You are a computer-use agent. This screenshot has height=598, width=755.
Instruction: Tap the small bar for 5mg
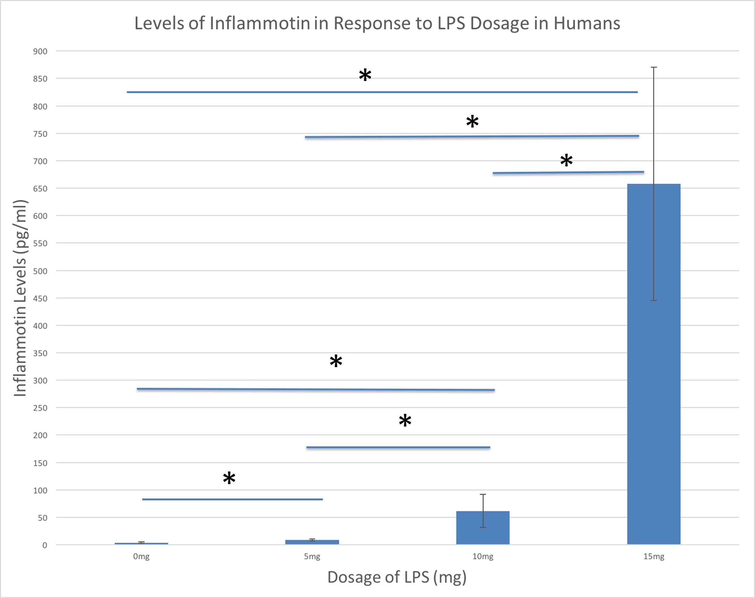click(x=312, y=542)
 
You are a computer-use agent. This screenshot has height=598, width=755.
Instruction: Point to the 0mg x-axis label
click(x=141, y=557)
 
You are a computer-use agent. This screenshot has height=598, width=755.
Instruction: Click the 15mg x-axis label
click(x=654, y=557)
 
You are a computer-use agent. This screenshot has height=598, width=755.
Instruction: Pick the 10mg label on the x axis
click(x=482, y=557)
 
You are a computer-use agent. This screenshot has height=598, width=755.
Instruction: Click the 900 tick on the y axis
click(x=40, y=52)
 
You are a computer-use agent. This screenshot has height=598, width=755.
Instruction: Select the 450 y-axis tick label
click(x=40, y=299)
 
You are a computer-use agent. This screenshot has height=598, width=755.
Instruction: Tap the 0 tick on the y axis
click(x=45, y=545)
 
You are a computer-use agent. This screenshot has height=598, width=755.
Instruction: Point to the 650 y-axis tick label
click(x=40, y=189)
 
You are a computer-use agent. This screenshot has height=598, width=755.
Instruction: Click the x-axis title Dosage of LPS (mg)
click(x=397, y=577)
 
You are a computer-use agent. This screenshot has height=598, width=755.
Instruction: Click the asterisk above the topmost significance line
click(x=365, y=75)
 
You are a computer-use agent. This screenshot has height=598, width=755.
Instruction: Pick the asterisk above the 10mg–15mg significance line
click(x=566, y=160)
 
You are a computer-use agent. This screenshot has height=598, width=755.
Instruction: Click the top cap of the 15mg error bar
click(x=654, y=67)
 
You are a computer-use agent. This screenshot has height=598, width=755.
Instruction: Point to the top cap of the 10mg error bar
click(x=482, y=494)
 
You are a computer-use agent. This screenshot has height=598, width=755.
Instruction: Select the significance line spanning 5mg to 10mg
click(x=398, y=448)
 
